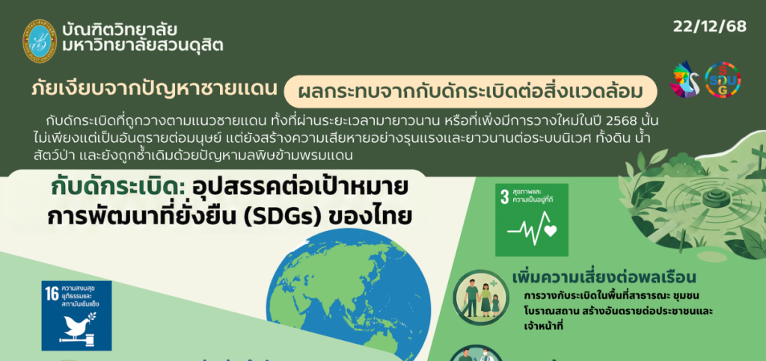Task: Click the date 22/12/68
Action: click(709, 26)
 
